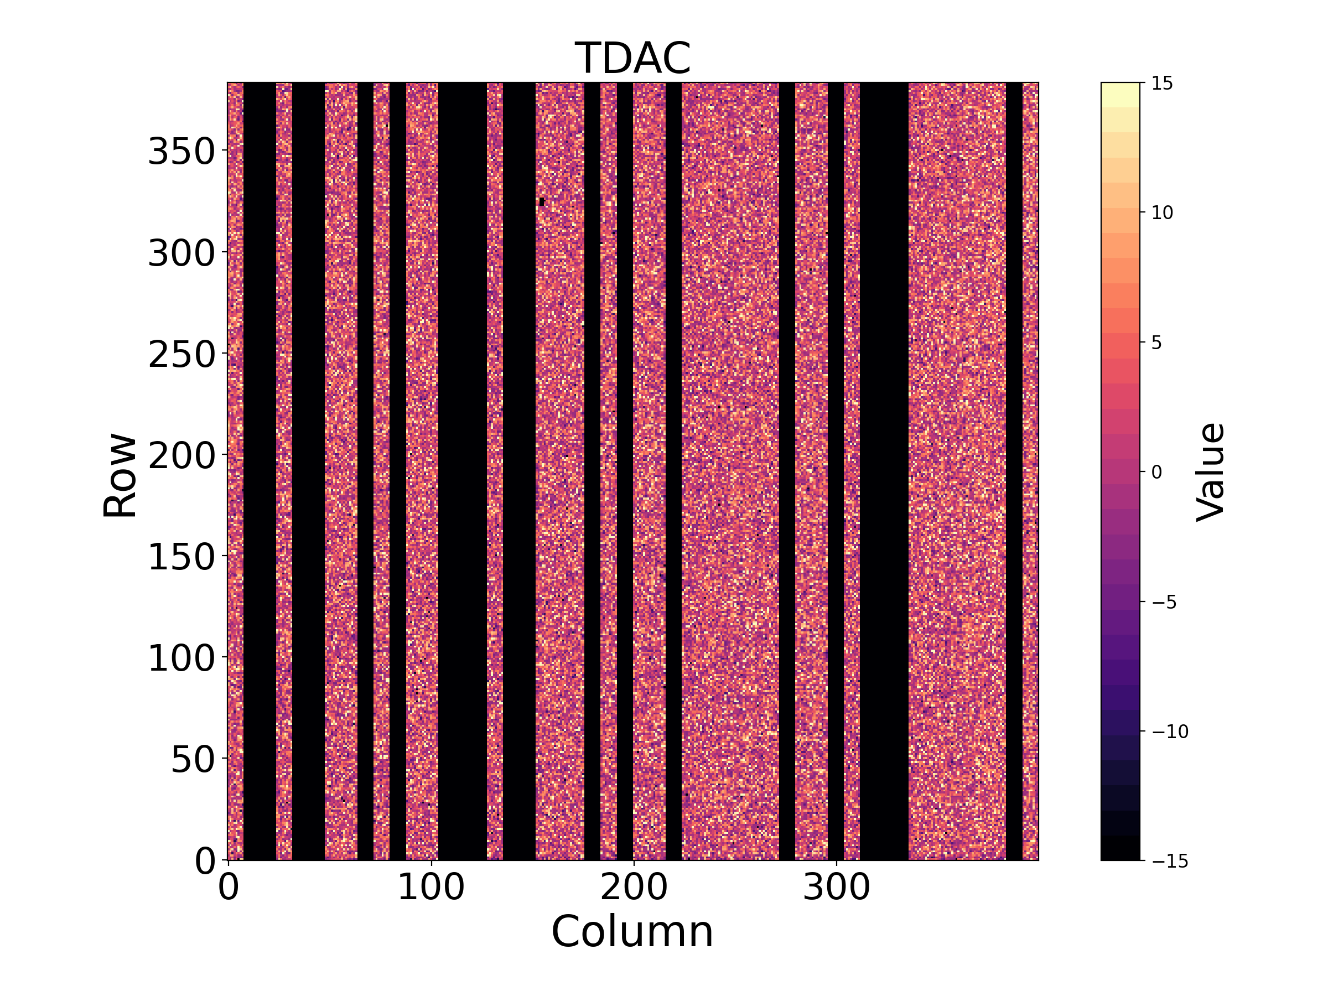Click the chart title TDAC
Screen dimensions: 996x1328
click(x=633, y=58)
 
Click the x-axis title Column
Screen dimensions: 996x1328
click(x=633, y=932)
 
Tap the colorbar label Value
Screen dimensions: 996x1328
click(x=1210, y=472)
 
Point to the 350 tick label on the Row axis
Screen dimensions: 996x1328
click(x=181, y=151)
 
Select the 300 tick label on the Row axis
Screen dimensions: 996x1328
click(x=181, y=252)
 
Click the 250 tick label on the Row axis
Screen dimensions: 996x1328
click(x=181, y=354)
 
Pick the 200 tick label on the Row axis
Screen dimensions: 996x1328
click(x=181, y=456)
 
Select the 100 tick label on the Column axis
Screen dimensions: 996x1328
click(x=431, y=888)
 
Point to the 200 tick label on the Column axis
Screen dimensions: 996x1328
click(x=634, y=888)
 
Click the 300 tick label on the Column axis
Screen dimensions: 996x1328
click(x=836, y=888)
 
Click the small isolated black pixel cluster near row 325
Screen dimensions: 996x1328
click(x=542, y=202)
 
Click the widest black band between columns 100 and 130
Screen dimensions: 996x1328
click(x=462, y=471)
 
